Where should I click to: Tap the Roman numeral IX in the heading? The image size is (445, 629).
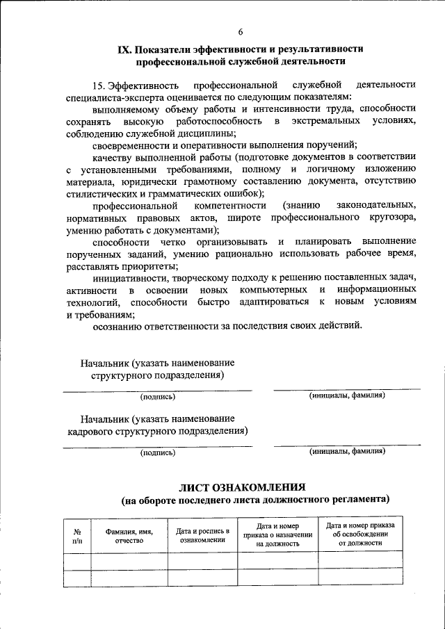124,50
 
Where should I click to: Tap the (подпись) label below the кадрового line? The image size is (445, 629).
158,452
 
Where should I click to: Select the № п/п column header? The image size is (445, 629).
76,536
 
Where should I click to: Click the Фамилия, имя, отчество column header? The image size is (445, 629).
129,536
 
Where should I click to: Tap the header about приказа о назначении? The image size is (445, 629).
277,536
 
